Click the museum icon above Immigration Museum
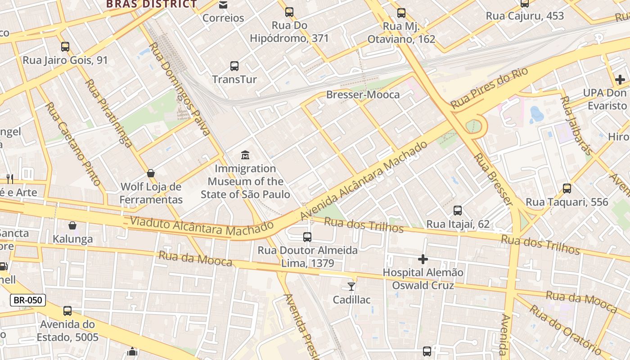(x=245, y=155)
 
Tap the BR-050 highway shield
(x=28, y=300)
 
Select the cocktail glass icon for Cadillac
(x=351, y=286)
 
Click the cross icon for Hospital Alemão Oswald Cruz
(x=423, y=259)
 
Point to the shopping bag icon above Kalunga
(x=72, y=225)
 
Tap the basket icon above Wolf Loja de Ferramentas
(x=151, y=173)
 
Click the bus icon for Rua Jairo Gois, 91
(x=65, y=46)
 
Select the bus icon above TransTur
(x=234, y=66)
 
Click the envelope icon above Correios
(x=223, y=5)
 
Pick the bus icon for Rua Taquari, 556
(x=567, y=189)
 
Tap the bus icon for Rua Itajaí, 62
(x=458, y=211)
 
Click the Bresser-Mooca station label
(x=363, y=94)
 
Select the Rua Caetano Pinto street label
(x=73, y=144)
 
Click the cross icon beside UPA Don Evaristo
(x=620, y=80)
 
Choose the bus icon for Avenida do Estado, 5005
(x=67, y=311)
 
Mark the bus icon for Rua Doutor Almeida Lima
(x=307, y=237)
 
